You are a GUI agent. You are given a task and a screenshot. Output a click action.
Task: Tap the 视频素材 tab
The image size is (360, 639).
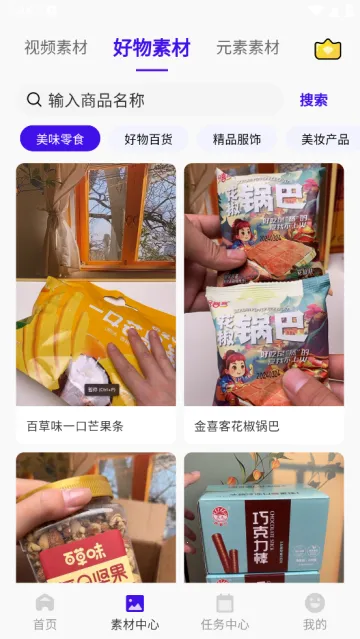[56, 48]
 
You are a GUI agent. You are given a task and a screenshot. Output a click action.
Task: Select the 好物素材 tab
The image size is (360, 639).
[152, 48]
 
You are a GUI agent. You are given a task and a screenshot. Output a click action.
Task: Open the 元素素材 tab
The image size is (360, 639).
[247, 48]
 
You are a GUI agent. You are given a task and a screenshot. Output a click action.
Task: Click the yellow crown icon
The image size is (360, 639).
[327, 49]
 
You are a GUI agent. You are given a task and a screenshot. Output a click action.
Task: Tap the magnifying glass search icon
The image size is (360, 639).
[34, 99]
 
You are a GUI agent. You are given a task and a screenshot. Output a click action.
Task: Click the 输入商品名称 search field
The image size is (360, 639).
[150, 100]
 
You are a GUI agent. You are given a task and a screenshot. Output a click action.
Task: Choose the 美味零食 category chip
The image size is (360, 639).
[60, 139]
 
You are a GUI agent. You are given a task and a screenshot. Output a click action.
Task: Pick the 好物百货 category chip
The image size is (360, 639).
[148, 139]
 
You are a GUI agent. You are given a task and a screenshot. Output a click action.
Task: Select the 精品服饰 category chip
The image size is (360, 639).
[237, 139]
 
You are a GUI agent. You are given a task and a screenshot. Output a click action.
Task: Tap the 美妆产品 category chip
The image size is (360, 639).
[324, 139]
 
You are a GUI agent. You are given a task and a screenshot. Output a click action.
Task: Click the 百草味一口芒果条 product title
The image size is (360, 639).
[75, 426]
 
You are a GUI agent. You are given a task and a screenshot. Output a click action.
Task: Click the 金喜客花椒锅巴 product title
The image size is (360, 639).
[237, 426]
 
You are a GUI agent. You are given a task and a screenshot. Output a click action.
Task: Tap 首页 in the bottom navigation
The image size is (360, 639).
[45, 611]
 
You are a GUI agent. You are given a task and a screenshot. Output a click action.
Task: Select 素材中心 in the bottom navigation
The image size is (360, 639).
[134, 611]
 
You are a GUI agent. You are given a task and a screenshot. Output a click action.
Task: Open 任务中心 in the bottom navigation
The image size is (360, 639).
[225, 611]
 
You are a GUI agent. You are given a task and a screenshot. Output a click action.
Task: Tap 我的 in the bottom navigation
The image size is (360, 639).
[315, 611]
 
